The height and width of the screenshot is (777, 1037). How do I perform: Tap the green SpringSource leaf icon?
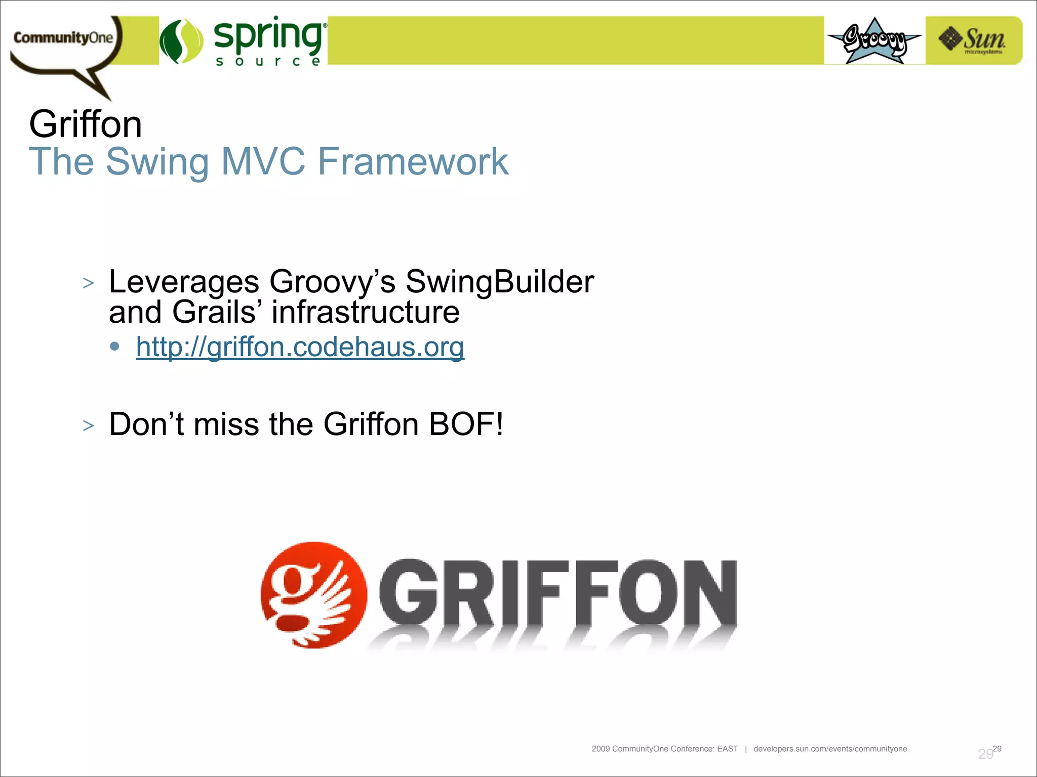coord(181,41)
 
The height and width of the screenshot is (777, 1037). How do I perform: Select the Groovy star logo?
coord(874,41)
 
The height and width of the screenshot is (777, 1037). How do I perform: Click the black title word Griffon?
coord(85,124)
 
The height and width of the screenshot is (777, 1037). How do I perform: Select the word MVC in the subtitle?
coord(263,162)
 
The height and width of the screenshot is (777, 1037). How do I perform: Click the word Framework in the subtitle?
coord(413,162)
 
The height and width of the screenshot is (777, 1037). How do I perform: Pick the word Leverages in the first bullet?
coord(184,282)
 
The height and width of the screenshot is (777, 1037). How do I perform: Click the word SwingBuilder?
coord(500,282)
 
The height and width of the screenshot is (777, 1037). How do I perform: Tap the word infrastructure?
coord(366,312)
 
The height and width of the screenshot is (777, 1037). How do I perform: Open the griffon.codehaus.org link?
coord(300,348)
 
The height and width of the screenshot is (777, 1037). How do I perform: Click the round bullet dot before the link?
coord(115,347)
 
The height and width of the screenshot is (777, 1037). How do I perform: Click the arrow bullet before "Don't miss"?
coord(89,426)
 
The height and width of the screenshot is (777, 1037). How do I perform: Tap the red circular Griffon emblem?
coord(313,595)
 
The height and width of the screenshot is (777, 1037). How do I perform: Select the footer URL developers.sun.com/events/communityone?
coord(830,749)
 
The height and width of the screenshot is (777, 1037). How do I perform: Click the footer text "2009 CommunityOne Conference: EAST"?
coord(664,749)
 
